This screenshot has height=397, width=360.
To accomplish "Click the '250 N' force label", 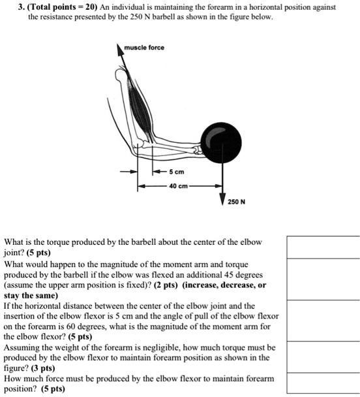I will click(x=237, y=201).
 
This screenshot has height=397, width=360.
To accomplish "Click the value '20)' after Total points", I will click(x=93, y=7).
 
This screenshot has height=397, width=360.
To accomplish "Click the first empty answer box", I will click(x=323, y=247).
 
